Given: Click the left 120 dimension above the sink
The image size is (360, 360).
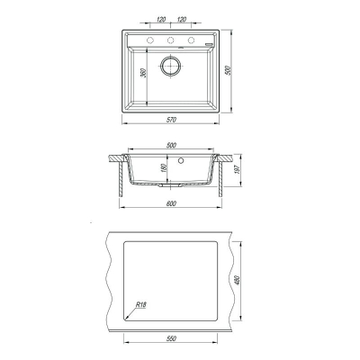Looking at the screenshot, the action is coord(161,20).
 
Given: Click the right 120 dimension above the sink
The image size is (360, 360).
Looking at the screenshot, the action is coord(182,20).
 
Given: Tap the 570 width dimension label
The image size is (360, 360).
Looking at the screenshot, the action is coord(171,120).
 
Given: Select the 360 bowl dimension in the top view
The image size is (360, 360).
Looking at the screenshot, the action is coord(143,73).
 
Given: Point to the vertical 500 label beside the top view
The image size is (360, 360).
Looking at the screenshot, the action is coord(228,70).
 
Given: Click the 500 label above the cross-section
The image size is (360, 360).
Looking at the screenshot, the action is coord(171,145).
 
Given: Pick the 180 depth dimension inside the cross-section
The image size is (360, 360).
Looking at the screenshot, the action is coord(164,168).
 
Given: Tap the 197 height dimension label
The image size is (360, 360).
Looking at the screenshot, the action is coord(236,170).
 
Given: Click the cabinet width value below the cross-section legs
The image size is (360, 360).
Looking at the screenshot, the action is coord(171,203).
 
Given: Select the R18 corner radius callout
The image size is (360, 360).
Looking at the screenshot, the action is coord(140,304).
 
